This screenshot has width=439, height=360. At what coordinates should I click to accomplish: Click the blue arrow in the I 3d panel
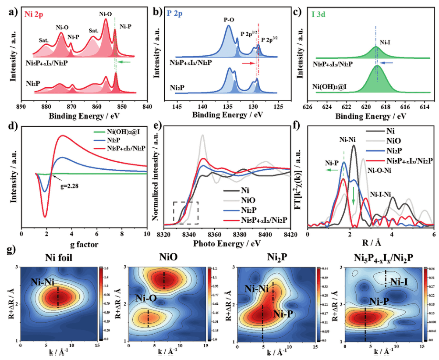click(383, 63)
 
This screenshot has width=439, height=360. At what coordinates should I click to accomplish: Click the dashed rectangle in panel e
click(186, 213)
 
